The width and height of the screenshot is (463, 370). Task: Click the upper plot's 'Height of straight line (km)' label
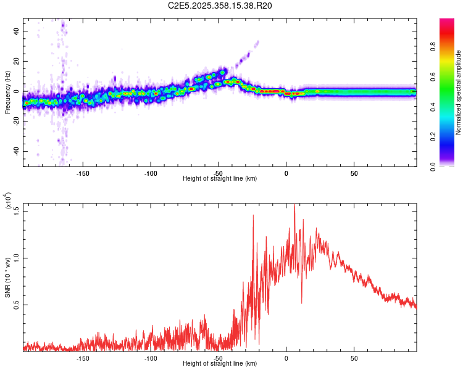tap(220, 178)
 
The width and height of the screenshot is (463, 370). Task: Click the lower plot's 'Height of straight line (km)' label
tap(220, 363)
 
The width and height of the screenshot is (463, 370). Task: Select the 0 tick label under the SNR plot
tap(286, 357)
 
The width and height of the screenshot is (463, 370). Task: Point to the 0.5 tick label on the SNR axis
tap(17, 305)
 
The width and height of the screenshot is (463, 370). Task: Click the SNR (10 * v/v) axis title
tap(7, 277)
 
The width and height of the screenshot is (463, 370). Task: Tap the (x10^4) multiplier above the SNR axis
tap(9, 200)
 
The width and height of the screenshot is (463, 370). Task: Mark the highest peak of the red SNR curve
tap(294, 206)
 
